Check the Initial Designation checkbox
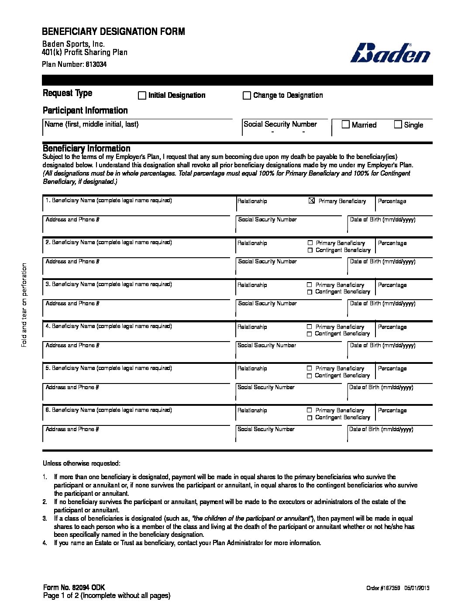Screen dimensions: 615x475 (142, 95)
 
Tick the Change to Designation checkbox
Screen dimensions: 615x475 (247, 95)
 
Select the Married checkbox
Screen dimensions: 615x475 (345, 124)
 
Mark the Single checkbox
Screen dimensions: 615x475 (398, 124)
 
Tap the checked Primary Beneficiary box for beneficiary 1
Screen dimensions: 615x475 (311, 201)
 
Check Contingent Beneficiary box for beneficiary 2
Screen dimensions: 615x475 (310, 250)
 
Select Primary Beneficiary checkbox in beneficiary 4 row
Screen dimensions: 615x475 (309, 327)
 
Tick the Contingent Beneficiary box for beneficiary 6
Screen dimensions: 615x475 (309, 418)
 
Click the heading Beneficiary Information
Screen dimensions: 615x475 (86, 148)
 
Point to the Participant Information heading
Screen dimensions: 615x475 (85, 110)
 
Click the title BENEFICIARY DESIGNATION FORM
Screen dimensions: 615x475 (113, 31)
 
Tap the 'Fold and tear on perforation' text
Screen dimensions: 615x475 (24, 304)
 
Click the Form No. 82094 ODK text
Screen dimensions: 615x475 (74, 587)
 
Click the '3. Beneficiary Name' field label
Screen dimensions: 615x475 (109, 284)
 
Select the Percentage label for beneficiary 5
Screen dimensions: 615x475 (392, 369)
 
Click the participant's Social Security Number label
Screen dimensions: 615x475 (280, 124)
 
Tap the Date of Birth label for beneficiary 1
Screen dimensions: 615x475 (382, 219)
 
